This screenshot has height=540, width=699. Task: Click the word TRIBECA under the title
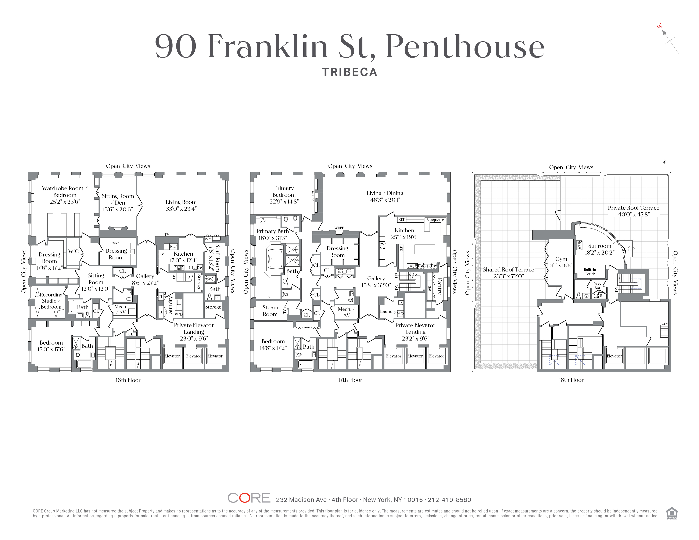[x=349, y=72]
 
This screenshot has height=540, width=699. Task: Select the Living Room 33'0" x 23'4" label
[x=181, y=205]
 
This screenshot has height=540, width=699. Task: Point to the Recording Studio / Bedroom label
[x=51, y=300]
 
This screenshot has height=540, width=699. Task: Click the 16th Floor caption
[x=128, y=380]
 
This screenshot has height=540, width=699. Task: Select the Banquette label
[x=435, y=220]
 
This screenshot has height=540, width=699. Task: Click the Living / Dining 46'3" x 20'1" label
[x=384, y=196]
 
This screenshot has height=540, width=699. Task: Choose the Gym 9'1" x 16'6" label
[x=561, y=262]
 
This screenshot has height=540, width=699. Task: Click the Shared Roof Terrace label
[x=508, y=273]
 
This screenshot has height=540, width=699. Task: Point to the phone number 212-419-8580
[x=449, y=500]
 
